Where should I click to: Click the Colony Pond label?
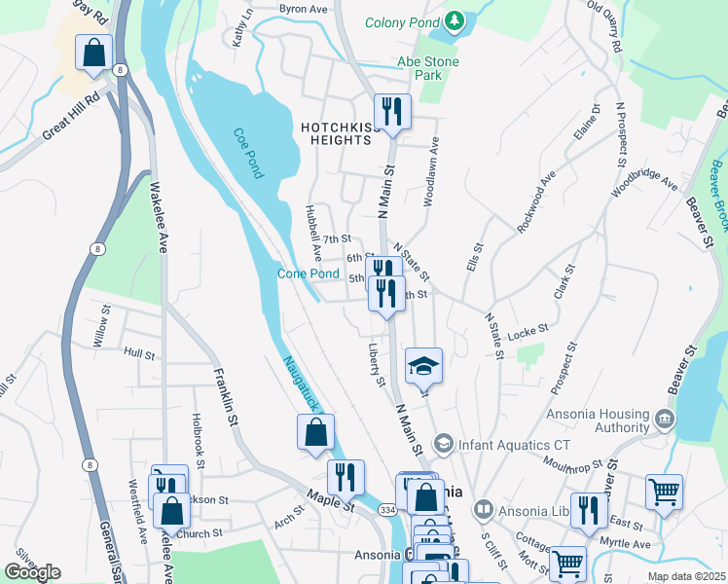pyautogui.click(x=401, y=22)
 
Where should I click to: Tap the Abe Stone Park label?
pyautogui.click(x=427, y=68)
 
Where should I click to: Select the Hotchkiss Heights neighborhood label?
pyautogui.click(x=336, y=133)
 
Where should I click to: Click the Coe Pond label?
pyautogui.click(x=247, y=154)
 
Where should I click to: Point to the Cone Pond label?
pyautogui.click(x=309, y=274)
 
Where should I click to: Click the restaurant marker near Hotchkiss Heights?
pyautogui.click(x=392, y=111)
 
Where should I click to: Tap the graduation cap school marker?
pyautogui.click(x=423, y=366)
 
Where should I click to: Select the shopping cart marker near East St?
pyautogui.click(x=664, y=492)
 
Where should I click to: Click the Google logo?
pyautogui.click(x=32, y=572)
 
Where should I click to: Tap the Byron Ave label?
pyautogui.click(x=304, y=8)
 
